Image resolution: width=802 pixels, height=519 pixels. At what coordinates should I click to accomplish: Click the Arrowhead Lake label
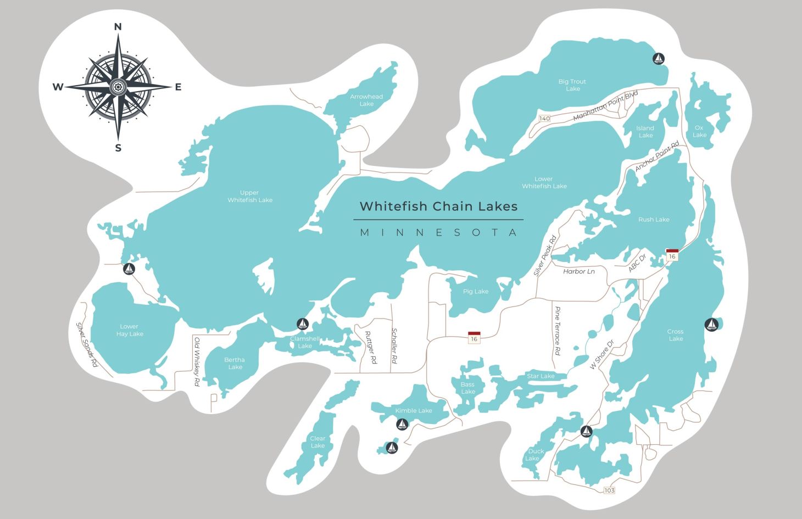[366, 100]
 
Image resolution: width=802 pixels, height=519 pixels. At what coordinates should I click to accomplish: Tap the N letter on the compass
[118, 27]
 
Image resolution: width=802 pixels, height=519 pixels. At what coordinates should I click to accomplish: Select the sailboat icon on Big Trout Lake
[658, 58]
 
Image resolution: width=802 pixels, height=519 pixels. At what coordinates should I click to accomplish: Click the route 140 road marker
[544, 119]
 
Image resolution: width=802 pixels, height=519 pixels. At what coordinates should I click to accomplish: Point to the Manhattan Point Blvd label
[605, 106]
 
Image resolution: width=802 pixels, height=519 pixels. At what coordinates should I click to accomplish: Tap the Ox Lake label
[699, 131]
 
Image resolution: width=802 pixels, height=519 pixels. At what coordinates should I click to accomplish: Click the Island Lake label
[645, 132]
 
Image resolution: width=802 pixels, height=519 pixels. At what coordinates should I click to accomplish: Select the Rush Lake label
[654, 220]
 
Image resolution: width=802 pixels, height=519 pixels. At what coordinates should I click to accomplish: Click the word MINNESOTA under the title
[438, 232]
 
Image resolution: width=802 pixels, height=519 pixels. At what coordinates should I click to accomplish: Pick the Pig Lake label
[475, 292]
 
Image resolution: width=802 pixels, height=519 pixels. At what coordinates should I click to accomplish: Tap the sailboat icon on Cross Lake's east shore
[711, 325]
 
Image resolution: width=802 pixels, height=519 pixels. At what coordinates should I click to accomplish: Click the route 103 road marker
[609, 490]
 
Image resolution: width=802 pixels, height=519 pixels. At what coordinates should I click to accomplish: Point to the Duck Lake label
[534, 455]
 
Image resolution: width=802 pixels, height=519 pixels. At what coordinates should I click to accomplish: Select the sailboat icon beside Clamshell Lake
[302, 323]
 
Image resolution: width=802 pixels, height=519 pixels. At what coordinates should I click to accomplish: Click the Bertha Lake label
[235, 364]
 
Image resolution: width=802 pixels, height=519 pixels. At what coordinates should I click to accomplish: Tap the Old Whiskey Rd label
[197, 362]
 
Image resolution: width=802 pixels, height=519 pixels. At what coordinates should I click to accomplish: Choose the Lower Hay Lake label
[130, 330]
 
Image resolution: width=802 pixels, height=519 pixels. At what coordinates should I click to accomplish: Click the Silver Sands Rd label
[87, 344]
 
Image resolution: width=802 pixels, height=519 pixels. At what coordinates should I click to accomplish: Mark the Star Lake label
[541, 376]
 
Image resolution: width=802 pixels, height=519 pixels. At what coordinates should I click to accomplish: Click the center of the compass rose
[118, 87]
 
